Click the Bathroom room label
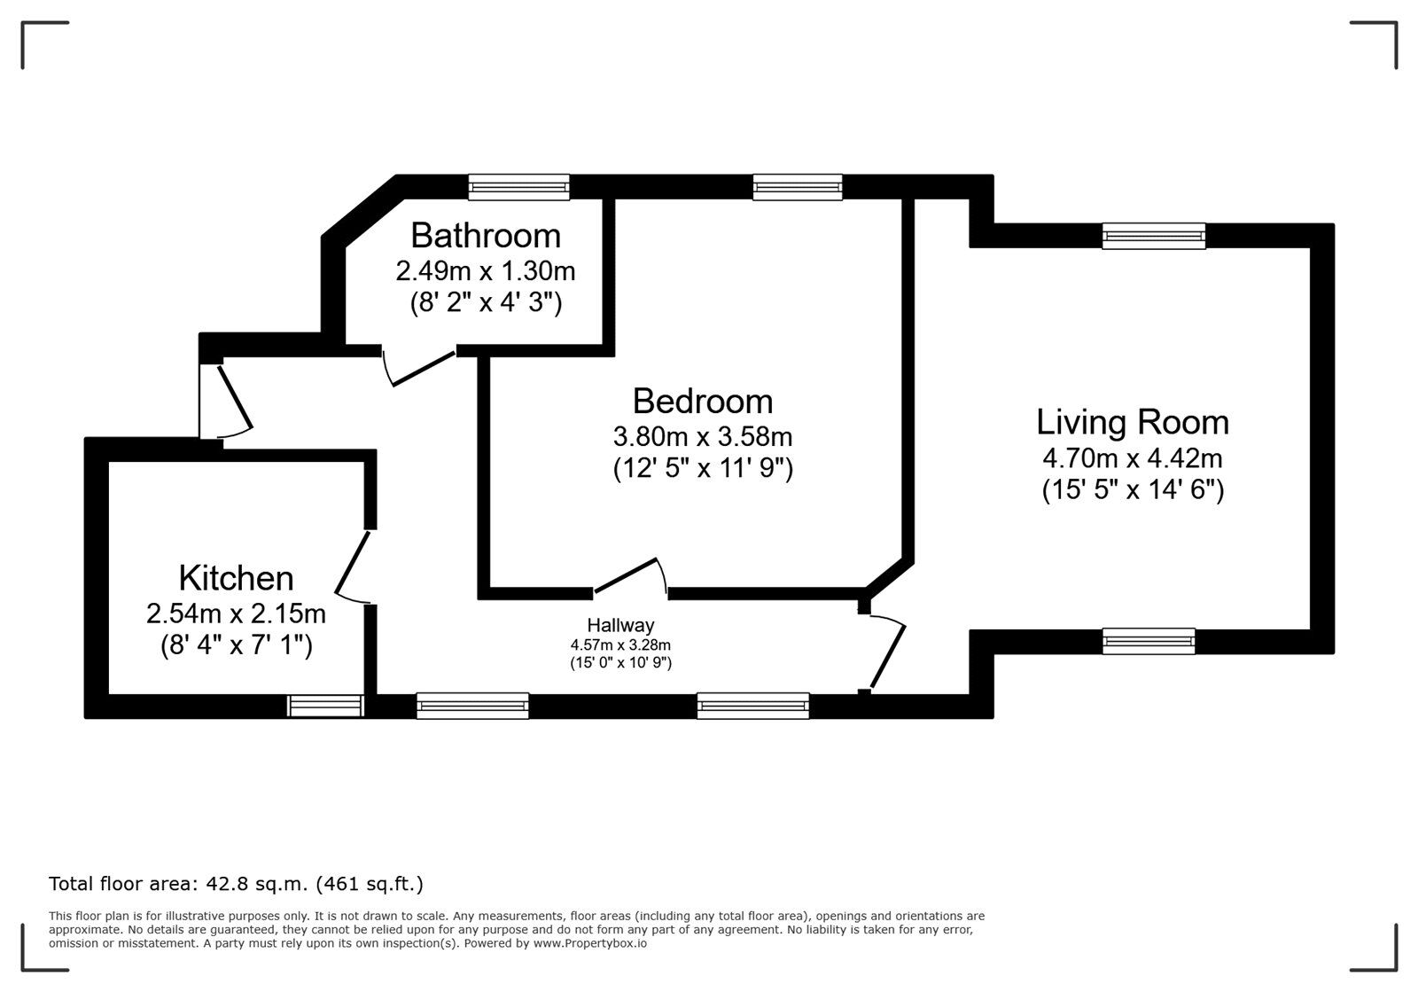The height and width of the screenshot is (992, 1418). tap(486, 236)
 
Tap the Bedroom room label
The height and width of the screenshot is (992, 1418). tap(703, 402)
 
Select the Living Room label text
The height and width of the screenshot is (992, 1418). tap(1133, 423)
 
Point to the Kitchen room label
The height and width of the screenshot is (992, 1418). tap(236, 578)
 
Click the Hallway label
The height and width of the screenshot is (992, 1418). tap(620, 626)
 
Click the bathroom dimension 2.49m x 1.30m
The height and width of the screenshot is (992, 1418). tap(486, 271)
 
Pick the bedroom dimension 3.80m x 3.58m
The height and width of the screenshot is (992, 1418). tap(703, 437)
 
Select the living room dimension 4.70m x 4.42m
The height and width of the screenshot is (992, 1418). tap(1133, 458)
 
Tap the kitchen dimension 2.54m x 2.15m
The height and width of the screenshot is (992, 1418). tap(236, 613)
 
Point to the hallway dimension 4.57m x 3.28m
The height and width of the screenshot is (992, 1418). tap(620, 645)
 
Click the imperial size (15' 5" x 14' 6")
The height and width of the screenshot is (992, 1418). tap(1133, 490)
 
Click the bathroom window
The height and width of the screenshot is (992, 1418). tap(519, 187)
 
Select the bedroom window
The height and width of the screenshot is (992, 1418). tap(798, 187)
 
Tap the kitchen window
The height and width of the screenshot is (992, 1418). tap(326, 706)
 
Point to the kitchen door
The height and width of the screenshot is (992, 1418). tap(353, 567)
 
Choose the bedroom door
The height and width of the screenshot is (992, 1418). tap(630, 577)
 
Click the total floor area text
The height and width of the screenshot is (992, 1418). tap(236, 884)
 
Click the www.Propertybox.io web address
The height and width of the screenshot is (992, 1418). tap(590, 943)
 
